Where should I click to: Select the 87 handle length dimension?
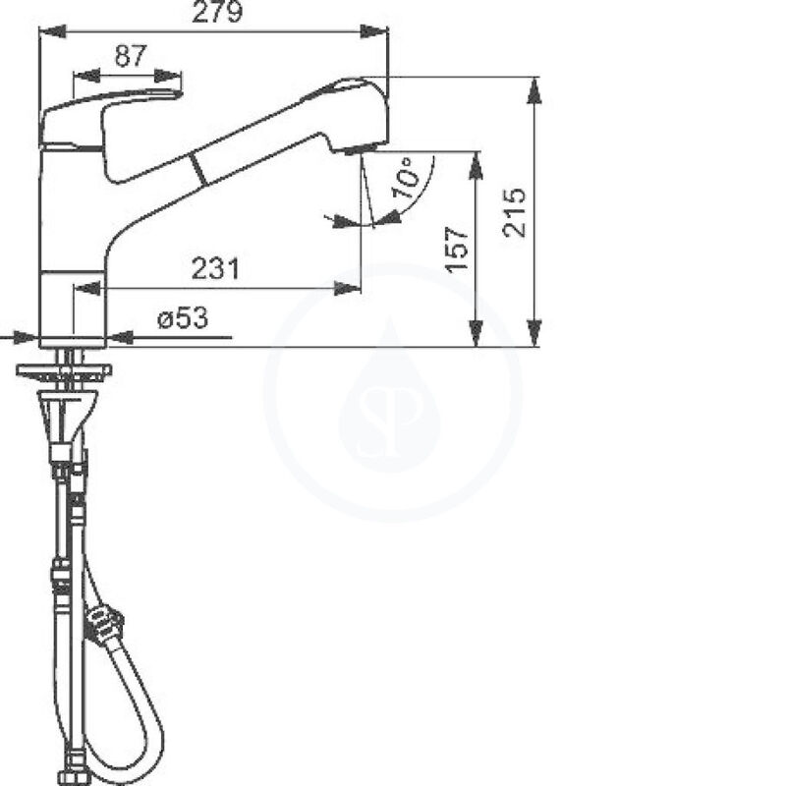(x=129, y=56)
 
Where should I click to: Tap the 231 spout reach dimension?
(x=216, y=267)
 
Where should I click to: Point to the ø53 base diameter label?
(x=182, y=318)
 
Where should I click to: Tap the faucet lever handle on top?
(x=108, y=113)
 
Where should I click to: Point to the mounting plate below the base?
(x=64, y=370)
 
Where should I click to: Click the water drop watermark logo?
(x=390, y=393)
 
